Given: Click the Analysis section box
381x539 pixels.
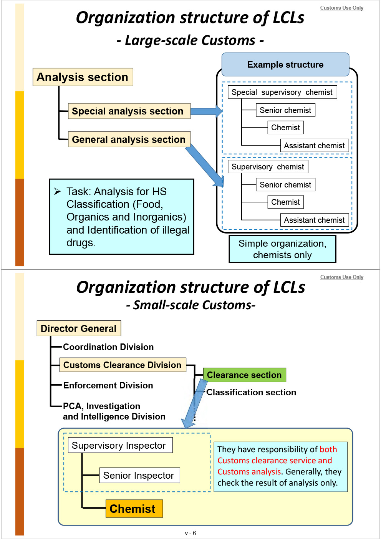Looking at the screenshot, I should pos(83,77).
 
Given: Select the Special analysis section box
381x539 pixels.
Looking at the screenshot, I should pos(129,111).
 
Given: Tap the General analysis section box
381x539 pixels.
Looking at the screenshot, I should pos(129,139).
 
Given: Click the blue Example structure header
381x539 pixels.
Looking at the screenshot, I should pos(285,65).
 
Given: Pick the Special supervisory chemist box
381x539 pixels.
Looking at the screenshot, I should pos(282,92).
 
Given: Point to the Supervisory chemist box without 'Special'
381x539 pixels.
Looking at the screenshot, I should pos(268,167).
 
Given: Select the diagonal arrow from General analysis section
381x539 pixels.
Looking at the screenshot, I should pos(204,165).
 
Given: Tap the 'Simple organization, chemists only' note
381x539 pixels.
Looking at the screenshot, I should pos(282,249).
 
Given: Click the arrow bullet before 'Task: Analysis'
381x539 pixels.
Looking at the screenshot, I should pos(58,191).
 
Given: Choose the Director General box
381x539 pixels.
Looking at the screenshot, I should pos(79,328).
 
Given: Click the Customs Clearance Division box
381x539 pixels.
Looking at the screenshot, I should pos(123,365).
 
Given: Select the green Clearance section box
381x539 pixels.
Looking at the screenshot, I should pos(244,375).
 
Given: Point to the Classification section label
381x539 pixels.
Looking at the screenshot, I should pos(251,392).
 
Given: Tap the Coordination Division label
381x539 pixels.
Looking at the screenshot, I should pos(108,347).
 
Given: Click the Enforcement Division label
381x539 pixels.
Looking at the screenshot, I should pos(108,385).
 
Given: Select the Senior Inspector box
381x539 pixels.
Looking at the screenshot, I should pos(139,475).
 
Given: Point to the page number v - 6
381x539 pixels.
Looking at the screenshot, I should pos(190,533).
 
